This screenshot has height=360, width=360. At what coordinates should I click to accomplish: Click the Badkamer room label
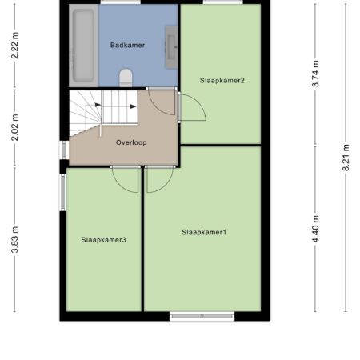127,45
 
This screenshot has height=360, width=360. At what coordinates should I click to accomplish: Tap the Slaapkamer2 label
222,80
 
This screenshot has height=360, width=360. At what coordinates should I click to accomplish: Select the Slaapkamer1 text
204,232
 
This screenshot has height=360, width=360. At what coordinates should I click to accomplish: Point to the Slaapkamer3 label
103,240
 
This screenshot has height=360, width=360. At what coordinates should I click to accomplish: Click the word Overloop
131,142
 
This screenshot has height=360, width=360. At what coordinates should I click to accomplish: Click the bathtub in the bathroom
83,46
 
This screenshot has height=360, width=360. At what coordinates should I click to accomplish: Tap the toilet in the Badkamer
126,78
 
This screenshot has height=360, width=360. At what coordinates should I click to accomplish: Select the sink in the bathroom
171,47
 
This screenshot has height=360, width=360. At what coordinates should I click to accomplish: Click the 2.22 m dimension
15,46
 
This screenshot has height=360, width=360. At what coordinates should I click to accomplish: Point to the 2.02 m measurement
15,127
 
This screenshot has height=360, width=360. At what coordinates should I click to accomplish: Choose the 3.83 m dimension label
15,239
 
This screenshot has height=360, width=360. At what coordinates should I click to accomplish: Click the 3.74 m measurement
315,74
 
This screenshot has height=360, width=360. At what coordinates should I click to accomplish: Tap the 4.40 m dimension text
315,229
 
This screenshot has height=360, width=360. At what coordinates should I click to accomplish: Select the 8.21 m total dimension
346,158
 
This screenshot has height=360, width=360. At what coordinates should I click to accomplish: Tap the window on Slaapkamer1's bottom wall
202,316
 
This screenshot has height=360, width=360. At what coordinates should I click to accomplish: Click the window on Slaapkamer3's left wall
63,192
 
